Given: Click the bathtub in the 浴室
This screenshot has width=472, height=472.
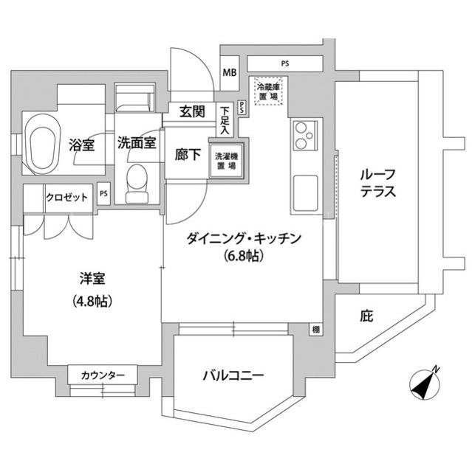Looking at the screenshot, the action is pos(42,147).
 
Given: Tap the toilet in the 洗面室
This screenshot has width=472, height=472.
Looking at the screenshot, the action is pos(137,184).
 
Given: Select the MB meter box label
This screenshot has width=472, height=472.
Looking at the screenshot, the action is pos(230,72).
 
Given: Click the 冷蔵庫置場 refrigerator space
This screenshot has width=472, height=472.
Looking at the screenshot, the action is pos(268,91).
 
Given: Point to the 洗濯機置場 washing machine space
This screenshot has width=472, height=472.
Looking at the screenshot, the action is pos(226,161).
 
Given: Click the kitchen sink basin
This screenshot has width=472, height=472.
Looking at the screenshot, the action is pos(305,192).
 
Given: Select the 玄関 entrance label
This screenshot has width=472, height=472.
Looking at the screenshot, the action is pos(192,111).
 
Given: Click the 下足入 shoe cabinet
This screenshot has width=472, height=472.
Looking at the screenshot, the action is pos(225,119).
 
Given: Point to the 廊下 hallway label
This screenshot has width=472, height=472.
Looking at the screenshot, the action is pos(188,155).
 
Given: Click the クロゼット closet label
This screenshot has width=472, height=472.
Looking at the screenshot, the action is pos(67,198).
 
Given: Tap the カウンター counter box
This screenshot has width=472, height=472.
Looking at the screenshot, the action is pos(103,375).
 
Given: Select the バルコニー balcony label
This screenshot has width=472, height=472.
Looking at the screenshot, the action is pos(233,375).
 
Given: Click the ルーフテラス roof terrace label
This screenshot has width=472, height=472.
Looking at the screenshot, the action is pos(377,183).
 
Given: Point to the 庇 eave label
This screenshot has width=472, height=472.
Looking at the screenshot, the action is pos(366,316).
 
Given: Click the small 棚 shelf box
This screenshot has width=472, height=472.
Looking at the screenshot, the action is pos(315,330).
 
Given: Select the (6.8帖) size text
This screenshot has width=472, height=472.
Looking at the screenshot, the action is pos(244,256).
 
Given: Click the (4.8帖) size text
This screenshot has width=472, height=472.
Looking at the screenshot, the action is pos(92,301).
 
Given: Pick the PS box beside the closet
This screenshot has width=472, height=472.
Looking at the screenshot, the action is pos(103,193).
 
